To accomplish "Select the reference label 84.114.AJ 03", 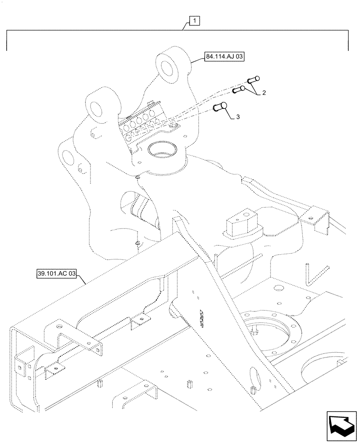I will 225,57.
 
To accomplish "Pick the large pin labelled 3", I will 220,107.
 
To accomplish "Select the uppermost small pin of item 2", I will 253,80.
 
